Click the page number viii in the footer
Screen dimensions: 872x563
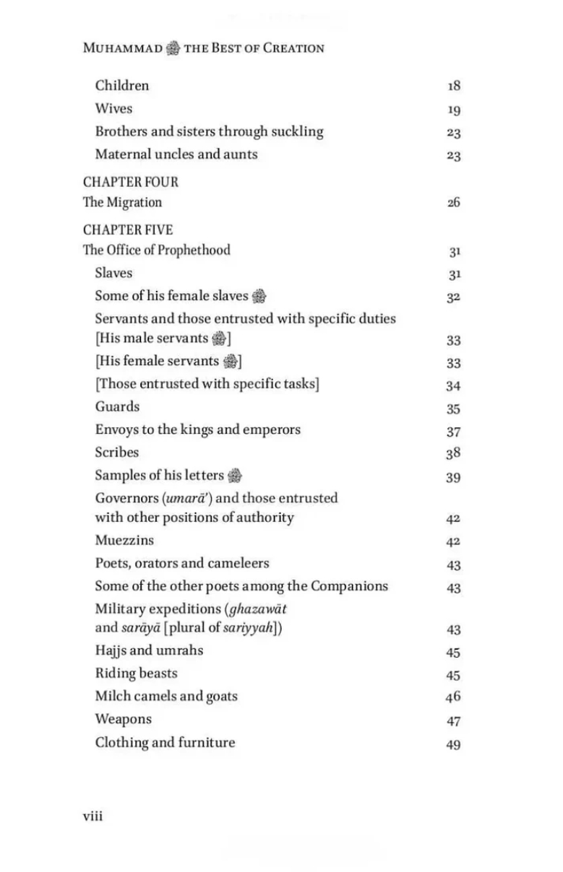click(x=93, y=816)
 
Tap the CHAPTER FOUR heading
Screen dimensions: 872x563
click(x=130, y=182)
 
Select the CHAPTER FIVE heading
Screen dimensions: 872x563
click(x=128, y=230)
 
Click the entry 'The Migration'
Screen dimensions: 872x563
click(x=122, y=202)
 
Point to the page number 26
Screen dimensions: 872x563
click(x=453, y=203)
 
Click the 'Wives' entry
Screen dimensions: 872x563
click(x=113, y=108)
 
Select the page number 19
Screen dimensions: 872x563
click(x=453, y=110)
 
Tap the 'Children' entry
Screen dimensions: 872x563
click(x=122, y=85)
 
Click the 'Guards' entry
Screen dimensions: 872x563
click(x=117, y=406)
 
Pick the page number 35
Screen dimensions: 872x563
click(x=453, y=409)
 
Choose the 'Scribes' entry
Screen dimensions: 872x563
click(x=117, y=453)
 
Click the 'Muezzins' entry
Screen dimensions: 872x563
click(x=124, y=540)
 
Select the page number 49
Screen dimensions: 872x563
click(x=453, y=745)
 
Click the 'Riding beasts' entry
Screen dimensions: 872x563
click(x=136, y=673)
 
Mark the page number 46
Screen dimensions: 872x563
click(x=453, y=697)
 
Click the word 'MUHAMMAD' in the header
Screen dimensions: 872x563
click(x=123, y=48)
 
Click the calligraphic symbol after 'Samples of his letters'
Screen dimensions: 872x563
click(x=234, y=476)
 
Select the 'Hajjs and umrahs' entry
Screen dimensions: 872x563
click(x=149, y=650)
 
